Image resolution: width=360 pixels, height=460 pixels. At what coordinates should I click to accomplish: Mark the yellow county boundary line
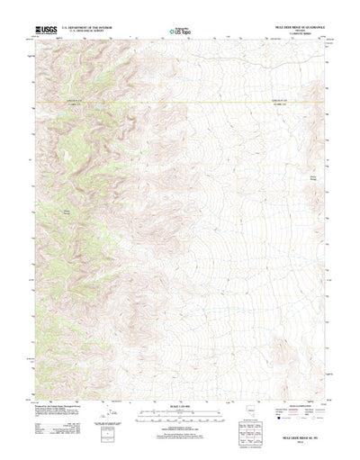pos(180,104)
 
